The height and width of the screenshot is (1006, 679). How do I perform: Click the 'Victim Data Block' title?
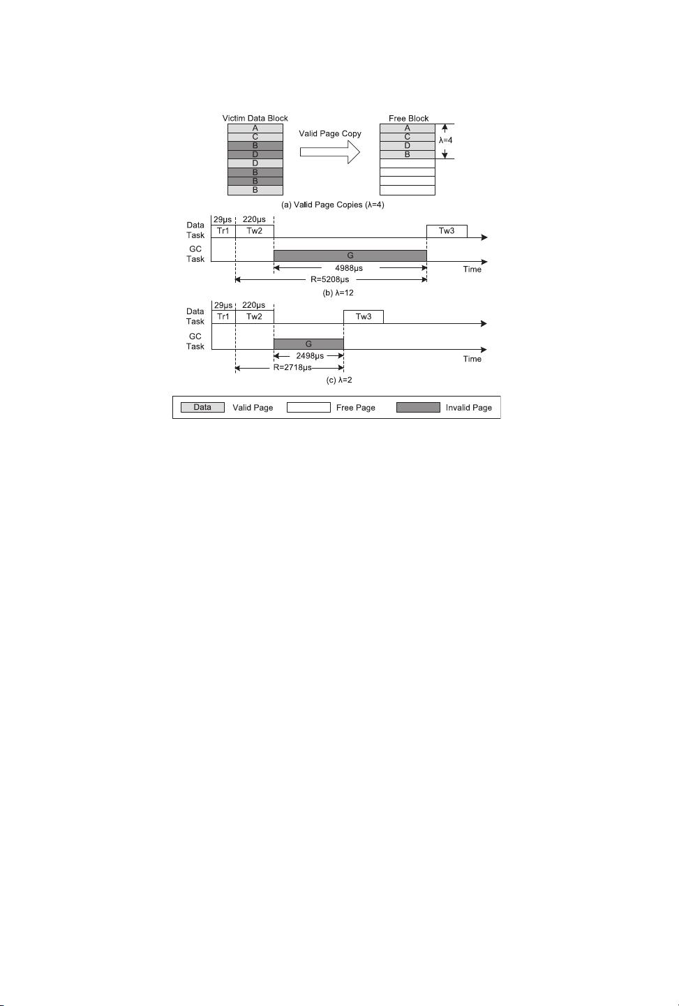[255, 118]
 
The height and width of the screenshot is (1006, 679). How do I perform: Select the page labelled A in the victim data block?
[255, 128]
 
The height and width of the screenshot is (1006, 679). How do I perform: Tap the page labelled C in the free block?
[407, 137]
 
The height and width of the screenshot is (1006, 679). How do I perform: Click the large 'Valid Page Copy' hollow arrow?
[330, 152]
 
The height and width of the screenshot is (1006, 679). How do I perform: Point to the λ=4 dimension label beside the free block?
[446, 140]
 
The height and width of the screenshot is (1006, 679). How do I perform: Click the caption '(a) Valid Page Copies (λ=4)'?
[333, 205]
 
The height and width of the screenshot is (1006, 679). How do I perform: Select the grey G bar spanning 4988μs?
[350, 256]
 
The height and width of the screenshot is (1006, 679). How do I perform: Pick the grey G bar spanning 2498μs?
[308, 344]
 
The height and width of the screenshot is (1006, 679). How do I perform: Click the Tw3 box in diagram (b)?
[447, 231]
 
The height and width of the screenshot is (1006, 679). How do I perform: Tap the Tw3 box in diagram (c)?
[364, 317]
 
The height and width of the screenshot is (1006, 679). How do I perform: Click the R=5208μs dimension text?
[330, 279]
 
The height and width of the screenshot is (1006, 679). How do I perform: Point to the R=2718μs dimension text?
[292, 367]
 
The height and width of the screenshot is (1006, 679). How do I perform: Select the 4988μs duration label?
[349, 268]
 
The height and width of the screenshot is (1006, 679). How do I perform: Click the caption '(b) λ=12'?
[338, 293]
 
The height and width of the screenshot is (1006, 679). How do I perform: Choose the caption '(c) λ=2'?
[339, 380]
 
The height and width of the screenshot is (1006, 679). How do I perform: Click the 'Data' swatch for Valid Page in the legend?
[202, 407]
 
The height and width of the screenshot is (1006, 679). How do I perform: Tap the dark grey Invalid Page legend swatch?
[418, 407]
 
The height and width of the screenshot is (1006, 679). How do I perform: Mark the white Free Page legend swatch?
[308, 407]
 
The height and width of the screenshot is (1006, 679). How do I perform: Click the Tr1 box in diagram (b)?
[223, 231]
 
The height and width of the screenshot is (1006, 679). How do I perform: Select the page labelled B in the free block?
[407, 154]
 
